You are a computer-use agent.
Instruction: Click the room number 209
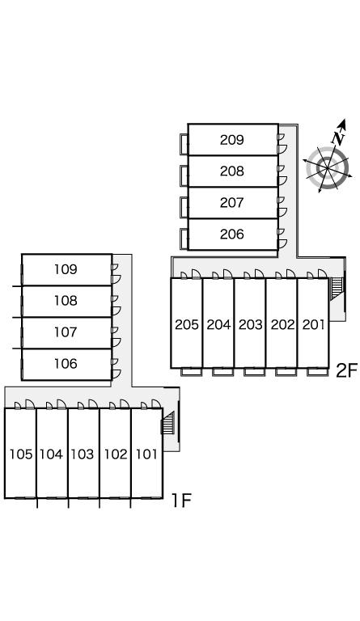pyautogui.click(x=231, y=140)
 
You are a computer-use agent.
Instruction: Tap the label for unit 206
pyautogui.click(x=231, y=234)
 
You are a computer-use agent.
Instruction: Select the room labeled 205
pyautogui.click(x=187, y=325)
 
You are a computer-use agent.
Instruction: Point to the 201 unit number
pyautogui.click(x=313, y=325)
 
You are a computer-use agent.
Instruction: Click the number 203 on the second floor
pyautogui.click(x=250, y=325)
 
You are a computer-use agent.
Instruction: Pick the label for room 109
pyautogui.click(x=66, y=269)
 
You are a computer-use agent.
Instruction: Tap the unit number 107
pyautogui.click(x=66, y=332)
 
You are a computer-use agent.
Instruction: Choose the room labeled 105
pyautogui.click(x=20, y=454)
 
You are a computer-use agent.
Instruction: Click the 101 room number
pyautogui.click(x=146, y=454)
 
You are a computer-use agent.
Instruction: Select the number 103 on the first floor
pyautogui.click(x=83, y=454)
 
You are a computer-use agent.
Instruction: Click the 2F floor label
pyautogui.click(x=346, y=370)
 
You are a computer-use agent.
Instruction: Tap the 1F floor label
pyautogui.click(x=181, y=501)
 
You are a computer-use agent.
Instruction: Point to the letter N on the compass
pyautogui.click(x=338, y=137)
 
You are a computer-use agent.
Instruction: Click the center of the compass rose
pyautogui.click(x=328, y=168)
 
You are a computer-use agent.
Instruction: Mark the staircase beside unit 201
pyautogui.click(x=336, y=288)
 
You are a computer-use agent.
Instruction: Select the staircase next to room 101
pyautogui.click(x=168, y=422)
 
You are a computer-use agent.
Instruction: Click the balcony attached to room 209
pyautogui.click(x=184, y=144)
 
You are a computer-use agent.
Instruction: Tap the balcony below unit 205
pyautogui.click(x=191, y=371)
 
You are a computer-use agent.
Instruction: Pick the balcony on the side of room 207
pyautogui.click(x=184, y=207)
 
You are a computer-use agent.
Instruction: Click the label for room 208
pyautogui.click(x=231, y=171)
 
